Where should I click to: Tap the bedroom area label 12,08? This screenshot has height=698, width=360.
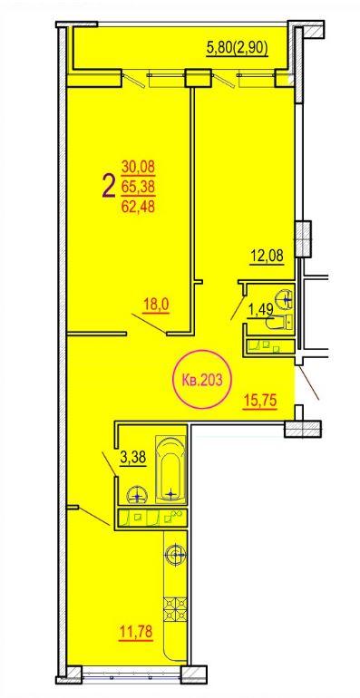[267, 257]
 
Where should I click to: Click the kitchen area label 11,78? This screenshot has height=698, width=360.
[136, 631]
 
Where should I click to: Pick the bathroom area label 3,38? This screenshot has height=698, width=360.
[133, 457]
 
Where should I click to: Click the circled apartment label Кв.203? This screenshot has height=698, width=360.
[203, 379]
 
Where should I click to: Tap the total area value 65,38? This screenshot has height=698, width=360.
[138, 187]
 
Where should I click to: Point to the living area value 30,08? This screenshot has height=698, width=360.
[138, 168]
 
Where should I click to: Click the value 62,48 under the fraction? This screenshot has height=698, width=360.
[138, 207]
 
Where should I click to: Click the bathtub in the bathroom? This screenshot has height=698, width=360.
[170, 470]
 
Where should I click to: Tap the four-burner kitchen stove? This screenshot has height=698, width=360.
[176, 608]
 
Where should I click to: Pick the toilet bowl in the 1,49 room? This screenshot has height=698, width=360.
[279, 323]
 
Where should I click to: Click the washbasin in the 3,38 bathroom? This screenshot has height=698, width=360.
[138, 495]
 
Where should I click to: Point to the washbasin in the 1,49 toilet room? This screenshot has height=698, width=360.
[283, 298]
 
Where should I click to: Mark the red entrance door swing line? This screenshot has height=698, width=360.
[308, 383]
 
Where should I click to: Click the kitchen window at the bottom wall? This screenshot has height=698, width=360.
[131, 674]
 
